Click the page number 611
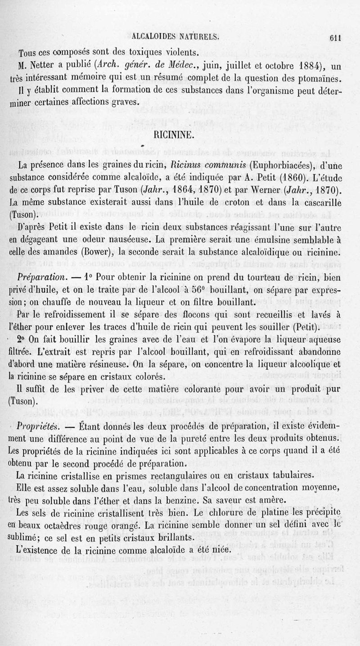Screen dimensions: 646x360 pyautogui.click(x=336, y=38)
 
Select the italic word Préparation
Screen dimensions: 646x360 pyautogui.click(x=41, y=275)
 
